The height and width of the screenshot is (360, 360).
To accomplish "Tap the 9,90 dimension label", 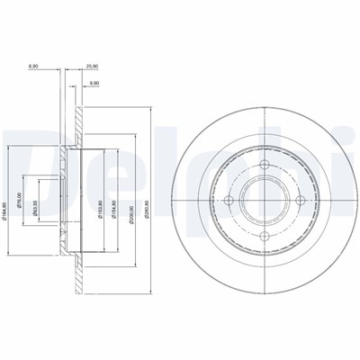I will pos(94,84).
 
